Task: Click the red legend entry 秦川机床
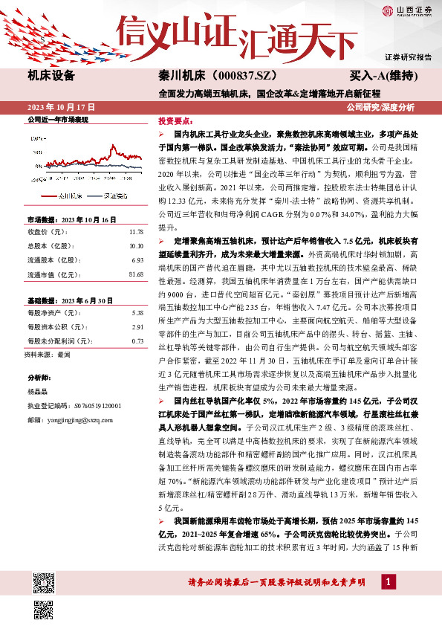click(71, 196)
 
